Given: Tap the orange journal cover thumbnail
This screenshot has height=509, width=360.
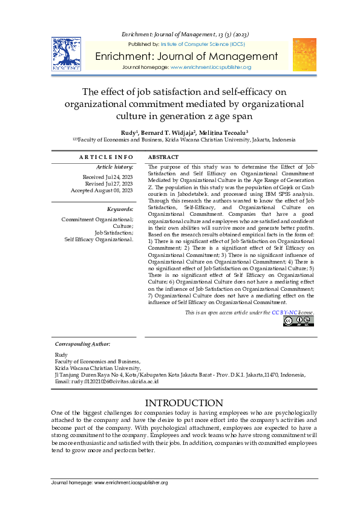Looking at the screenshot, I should click(304, 55).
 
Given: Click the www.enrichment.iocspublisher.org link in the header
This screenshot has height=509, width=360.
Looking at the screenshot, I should click(211, 67).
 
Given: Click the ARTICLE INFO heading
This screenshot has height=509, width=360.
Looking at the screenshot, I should click(106, 157).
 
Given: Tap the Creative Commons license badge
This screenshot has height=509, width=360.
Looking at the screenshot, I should click(298, 321).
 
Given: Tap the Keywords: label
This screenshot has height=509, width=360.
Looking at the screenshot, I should click(120, 209).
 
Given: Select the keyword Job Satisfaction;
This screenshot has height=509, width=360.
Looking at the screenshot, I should click(114, 232).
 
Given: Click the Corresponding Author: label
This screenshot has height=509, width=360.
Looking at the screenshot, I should click(82, 343).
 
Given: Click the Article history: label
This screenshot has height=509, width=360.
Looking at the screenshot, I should click(115, 166).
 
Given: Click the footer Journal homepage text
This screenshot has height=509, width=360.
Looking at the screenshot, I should click(110, 482).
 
